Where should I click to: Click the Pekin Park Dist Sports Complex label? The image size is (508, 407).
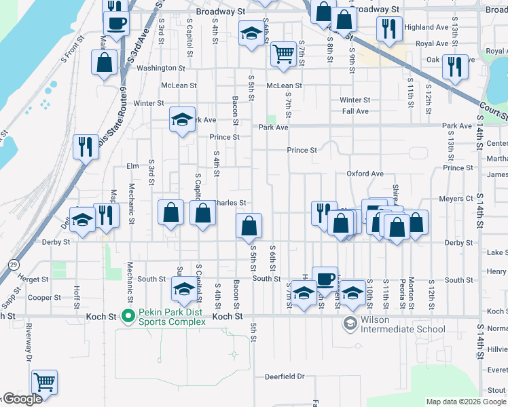[172, 317]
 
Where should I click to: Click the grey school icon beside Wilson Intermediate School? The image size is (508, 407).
[350, 324]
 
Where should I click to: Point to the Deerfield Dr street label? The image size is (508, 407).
[285, 376]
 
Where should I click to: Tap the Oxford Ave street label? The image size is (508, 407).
[365, 174]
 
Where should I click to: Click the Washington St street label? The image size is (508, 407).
[160, 69]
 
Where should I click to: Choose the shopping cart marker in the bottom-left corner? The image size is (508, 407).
[44, 382]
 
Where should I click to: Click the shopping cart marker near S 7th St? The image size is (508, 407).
[283, 54]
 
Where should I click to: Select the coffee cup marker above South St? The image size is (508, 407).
[325, 278]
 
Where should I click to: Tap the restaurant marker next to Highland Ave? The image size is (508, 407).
[388, 29]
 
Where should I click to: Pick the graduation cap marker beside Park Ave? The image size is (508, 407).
[182, 119]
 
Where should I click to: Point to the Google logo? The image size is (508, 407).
[22, 400]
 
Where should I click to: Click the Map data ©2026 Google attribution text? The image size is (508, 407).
[465, 402]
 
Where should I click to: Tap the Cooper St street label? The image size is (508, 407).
[45, 297]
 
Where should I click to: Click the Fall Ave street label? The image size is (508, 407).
[355, 111]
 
